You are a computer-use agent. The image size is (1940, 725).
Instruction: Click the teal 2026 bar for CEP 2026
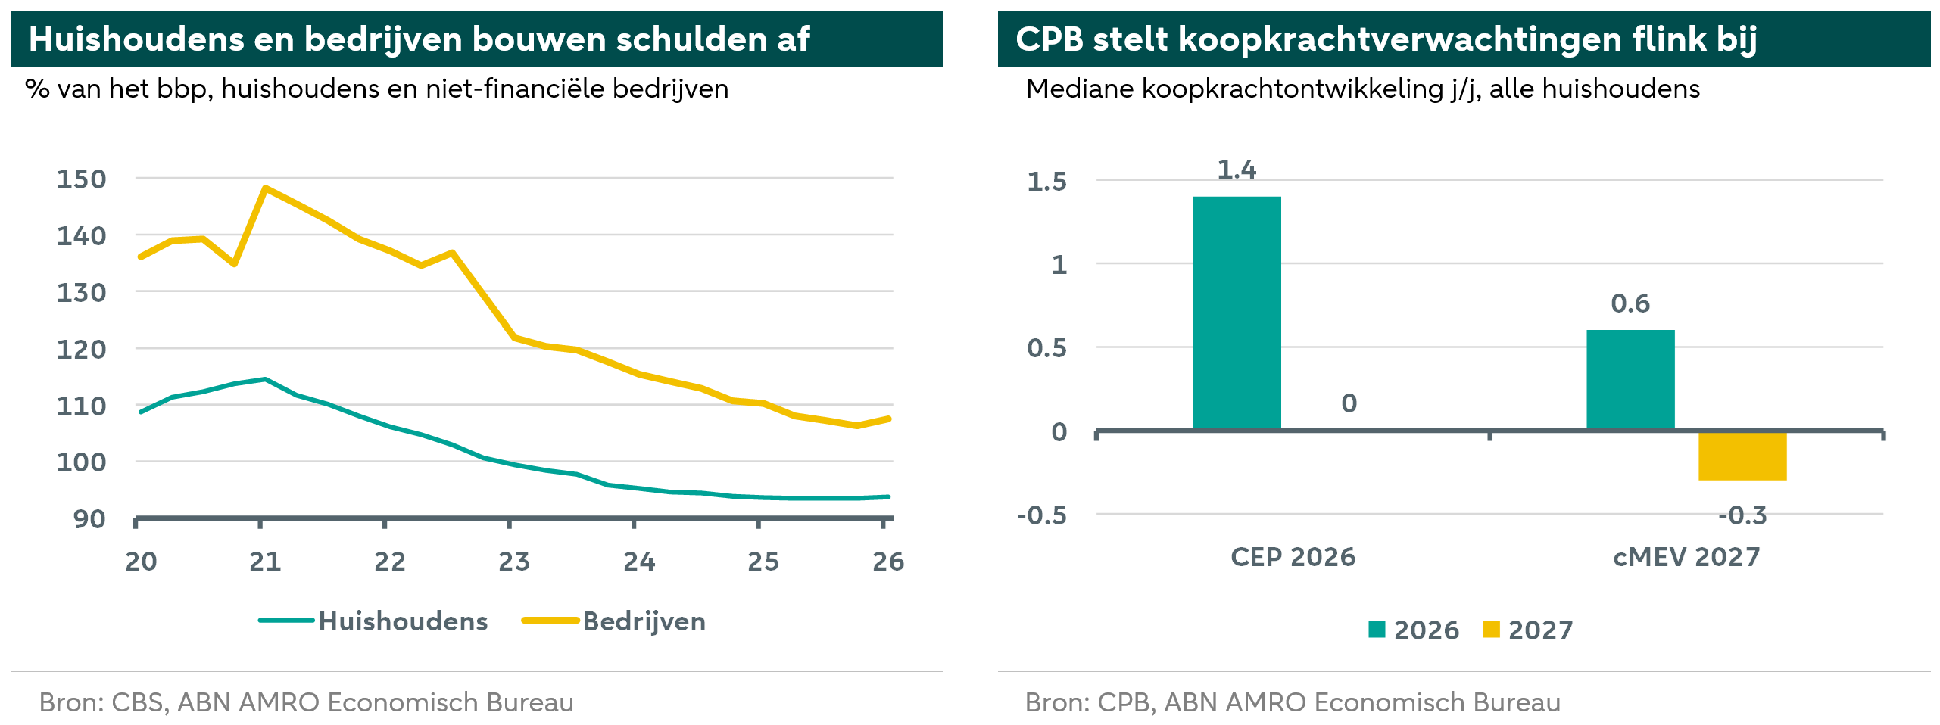pyautogui.click(x=1237, y=313)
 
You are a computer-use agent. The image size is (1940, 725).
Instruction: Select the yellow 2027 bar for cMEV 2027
pyautogui.click(x=1742, y=456)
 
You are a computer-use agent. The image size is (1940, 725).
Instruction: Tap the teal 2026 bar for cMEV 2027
pyautogui.click(x=1630, y=380)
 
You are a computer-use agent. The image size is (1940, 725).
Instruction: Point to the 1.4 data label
pyautogui.click(x=1237, y=170)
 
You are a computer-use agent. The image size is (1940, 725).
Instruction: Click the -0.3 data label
pyautogui.click(x=1742, y=515)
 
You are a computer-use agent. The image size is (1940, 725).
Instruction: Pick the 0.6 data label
pyautogui.click(x=1630, y=303)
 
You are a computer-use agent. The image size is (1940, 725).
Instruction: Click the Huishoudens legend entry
pyautogui.click(x=373, y=621)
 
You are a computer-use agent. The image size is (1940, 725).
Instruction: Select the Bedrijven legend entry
pyautogui.click(x=614, y=621)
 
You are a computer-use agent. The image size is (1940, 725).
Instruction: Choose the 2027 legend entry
pyautogui.click(x=1528, y=630)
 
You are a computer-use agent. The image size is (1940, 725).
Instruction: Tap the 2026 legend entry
pyautogui.click(x=1414, y=630)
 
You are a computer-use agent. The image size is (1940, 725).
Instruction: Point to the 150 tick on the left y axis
pyautogui.click(x=82, y=179)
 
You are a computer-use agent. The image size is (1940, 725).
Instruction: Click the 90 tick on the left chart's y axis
pyautogui.click(x=89, y=519)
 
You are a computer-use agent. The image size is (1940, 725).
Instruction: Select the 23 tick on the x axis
pyautogui.click(x=514, y=562)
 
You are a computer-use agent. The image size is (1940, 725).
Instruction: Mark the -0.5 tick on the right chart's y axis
pyautogui.click(x=1042, y=515)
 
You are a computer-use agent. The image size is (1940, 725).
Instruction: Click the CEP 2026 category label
pyautogui.click(x=1293, y=557)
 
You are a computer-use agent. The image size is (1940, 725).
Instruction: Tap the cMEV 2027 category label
pyautogui.click(x=1686, y=557)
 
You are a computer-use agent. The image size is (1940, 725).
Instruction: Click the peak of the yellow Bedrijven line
pyautogui.click(x=265, y=188)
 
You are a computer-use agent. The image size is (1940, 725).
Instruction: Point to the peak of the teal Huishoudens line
pyautogui.click(x=265, y=379)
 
